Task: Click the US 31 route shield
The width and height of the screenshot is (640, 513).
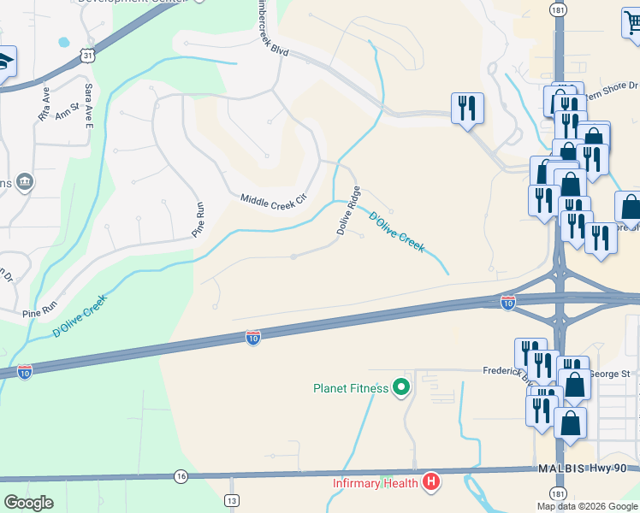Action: [x=86, y=55]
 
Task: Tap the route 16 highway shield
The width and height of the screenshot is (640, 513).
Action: [x=180, y=476]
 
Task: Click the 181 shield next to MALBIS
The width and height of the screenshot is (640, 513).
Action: [x=559, y=493]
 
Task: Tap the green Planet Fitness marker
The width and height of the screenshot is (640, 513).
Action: [x=401, y=388]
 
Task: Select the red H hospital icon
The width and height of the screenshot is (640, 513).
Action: [x=431, y=483]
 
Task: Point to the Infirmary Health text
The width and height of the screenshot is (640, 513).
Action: [x=376, y=483]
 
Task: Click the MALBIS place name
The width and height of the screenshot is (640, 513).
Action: [x=560, y=469]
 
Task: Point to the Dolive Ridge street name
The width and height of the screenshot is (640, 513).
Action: [x=347, y=209]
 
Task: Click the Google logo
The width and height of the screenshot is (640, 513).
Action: [x=29, y=503]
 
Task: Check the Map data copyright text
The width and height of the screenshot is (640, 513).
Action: [x=586, y=506]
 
